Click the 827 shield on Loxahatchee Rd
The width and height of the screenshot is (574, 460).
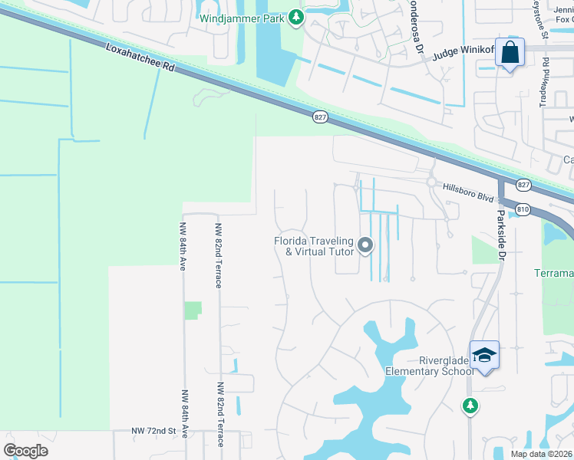(321, 117)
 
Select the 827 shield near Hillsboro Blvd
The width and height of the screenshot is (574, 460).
(523, 185)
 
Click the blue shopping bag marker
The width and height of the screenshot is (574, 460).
(509, 53)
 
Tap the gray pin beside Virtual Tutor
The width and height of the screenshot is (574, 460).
(365, 246)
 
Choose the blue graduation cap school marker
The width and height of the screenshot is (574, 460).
(484, 355)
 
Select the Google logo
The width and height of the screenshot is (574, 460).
(25, 450)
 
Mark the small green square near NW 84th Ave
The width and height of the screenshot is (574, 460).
(193, 310)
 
